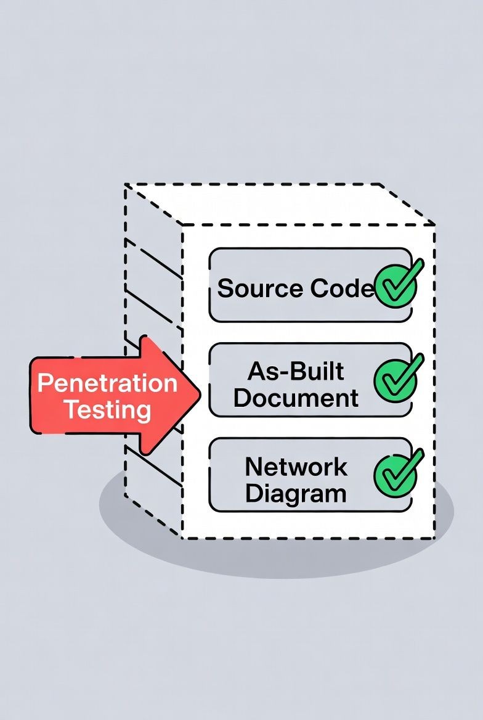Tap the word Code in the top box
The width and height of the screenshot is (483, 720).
[x=342, y=288]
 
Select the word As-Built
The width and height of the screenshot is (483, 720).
[x=296, y=371]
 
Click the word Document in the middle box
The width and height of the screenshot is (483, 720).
[x=296, y=398]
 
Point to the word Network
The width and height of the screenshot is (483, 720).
[x=296, y=467]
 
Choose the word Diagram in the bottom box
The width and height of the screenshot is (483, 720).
[x=296, y=494]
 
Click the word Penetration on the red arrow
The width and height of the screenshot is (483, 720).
[x=107, y=383]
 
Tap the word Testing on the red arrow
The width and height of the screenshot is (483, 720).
[x=108, y=410]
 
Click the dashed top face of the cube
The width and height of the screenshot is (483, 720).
[x=277, y=203]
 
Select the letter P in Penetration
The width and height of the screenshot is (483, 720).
[x=43, y=383]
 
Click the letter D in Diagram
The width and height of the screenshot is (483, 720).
[x=253, y=494]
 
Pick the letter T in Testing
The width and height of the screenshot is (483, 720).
[x=71, y=410]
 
